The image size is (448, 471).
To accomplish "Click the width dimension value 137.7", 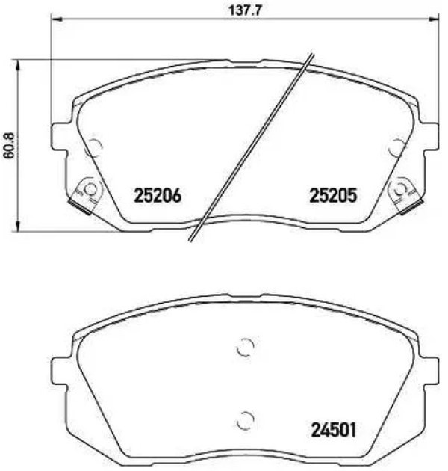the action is pyautogui.click(x=246, y=10).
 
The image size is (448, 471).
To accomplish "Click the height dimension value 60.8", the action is pyautogui.click(x=10, y=146).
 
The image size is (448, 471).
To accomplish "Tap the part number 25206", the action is pyautogui.click(x=158, y=196).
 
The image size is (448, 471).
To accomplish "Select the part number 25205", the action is pyautogui.click(x=333, y=196).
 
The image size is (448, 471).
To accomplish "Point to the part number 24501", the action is pyautogui.click(x=334, y=430).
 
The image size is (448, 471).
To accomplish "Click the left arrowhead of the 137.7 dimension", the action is pyautogui.click(x=56, y=20).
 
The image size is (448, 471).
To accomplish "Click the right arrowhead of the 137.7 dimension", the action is pyautogui.click(x=434, y=20).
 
